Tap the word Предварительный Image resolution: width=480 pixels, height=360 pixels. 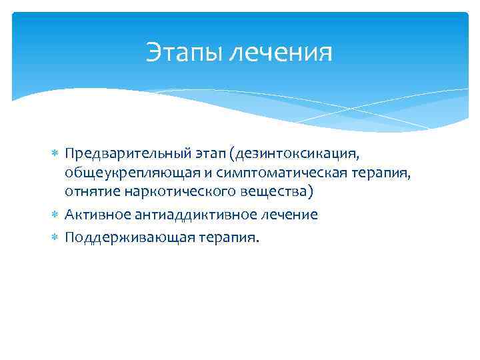117,155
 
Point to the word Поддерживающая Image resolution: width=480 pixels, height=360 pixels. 113,238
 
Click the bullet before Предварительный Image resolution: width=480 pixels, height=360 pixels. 55,155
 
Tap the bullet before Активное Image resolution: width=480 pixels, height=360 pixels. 55,215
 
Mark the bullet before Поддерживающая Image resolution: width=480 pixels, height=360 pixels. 55,238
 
